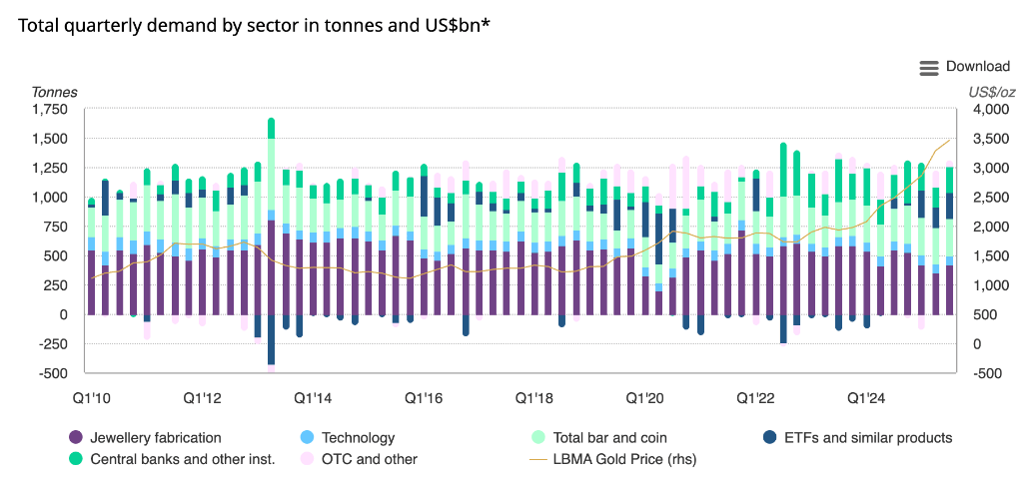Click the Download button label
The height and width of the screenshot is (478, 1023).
(978, 67)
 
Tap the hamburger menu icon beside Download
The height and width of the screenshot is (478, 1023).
(929, 67)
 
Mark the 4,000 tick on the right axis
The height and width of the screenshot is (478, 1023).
(985, 110)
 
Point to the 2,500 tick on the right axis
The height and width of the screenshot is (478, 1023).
(985, 198)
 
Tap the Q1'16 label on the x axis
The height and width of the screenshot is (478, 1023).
(424, 397)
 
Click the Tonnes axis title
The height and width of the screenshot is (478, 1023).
(55, 92)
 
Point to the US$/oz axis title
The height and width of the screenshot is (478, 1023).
(991, 92)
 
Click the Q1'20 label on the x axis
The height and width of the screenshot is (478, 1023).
(645, 397)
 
